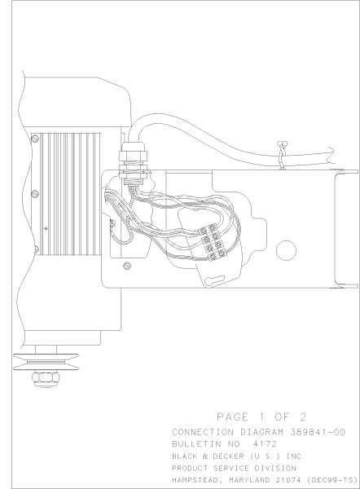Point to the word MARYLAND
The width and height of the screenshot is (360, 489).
tap(256, 479)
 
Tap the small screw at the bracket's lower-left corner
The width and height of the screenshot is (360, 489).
tap(125, 266)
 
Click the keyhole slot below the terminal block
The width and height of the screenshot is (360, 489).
tap(217, 279)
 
